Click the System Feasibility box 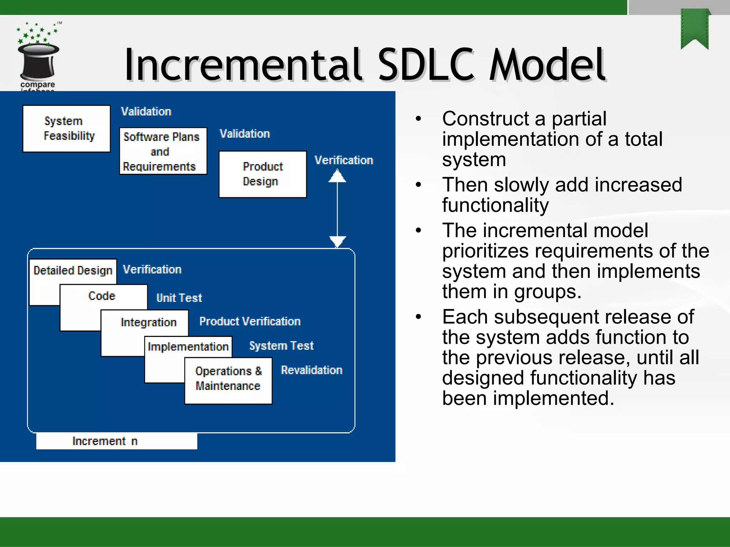click(x=67, y=129)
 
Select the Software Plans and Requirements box click(x=163, y=151)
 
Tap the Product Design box click(x=263, y=174)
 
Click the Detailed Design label click(x=73, y=271)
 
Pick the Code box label click(x=102, y=296)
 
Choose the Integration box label click(x=148, y=322)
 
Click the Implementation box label click(x=188, y=347)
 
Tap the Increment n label click(x=105, y=441)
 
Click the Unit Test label click(x=179, y=298)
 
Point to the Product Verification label click(x=250, y=322)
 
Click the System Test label click(x=281, y=346)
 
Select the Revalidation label click(x=312, y=370)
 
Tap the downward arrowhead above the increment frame click(x=337, y=241)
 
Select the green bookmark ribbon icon click(x=694, y=28)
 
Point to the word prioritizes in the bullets click(x=485, y=251)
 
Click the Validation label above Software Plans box click(x=146, y=111)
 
